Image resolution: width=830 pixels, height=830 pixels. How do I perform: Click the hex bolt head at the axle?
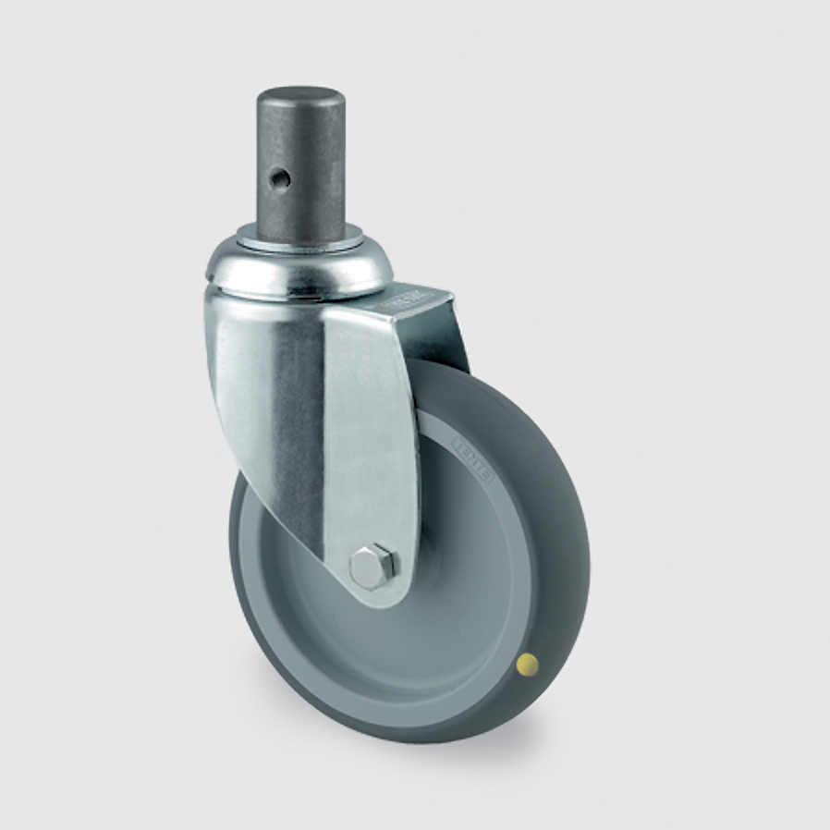[x=372, y=566]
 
